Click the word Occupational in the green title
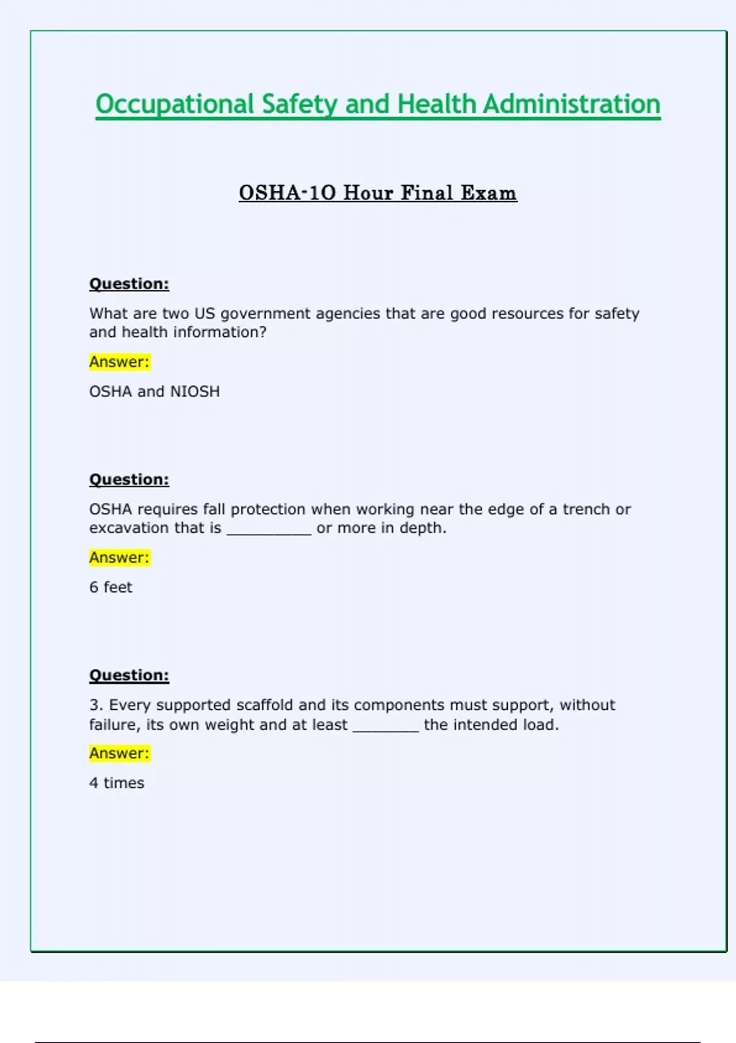click(175, 104)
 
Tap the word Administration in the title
click(572, 104)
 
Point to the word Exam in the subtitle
click(489, 193)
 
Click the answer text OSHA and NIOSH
click(155, 391)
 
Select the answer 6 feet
click(111, 587)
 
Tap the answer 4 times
click(117, 783)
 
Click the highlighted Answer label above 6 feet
click(120, 558)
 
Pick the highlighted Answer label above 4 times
click(120, 753)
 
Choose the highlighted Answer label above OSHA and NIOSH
click(120, 362)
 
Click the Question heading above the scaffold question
click(129, 675)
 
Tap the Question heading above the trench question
click(129, 479)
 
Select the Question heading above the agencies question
click(129, 283)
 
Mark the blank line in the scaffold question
click(386, 728)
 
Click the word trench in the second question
click(586, 509)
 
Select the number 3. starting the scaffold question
click(96, 705)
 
